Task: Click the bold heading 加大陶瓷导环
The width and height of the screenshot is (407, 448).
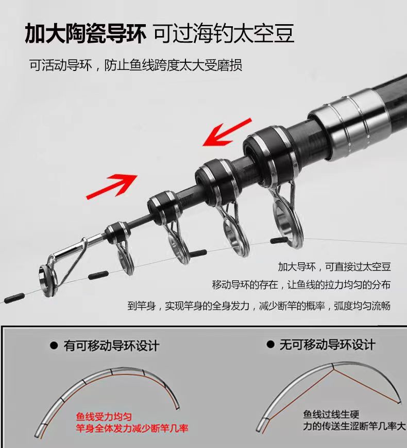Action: pyautogui.click(x=86, y=34)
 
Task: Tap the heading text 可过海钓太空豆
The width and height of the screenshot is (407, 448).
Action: pyautogui.click(x=224, y=33)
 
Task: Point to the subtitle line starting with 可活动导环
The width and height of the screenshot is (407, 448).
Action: pyautogui.click(x=135, y=65)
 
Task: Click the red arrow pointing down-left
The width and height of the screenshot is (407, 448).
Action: pyautogui.click(x=227, y=132)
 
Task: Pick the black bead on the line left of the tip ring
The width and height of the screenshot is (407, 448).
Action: pyautogui.click(x=14, y=297)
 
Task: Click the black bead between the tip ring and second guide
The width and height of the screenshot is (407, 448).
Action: pyautogui.click(x=98, y=275)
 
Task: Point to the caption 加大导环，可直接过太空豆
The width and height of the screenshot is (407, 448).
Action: pyautogui.click(x=334, y=267)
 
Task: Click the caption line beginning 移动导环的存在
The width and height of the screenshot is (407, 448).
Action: pyautogui.click(x=301, y=285)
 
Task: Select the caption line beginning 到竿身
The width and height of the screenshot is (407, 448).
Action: pyautogui.click(x=259, y=306)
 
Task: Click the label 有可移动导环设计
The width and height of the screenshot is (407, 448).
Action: pyautogui.click(x=111, y=346)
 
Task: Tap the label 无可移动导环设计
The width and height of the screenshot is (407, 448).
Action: pyautogui.click(x=327, y=344)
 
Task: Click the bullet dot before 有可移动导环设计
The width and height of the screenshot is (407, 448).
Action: pyautogui.click(x=54, y=346)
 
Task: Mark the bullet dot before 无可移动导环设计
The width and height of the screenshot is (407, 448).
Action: pyautogui.click(x=270, y=344)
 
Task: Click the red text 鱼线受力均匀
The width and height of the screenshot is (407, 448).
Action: pyautogui.click(x=104, y=417)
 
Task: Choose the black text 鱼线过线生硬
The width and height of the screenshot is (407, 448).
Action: pyautogui.click(x=331, y=414)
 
